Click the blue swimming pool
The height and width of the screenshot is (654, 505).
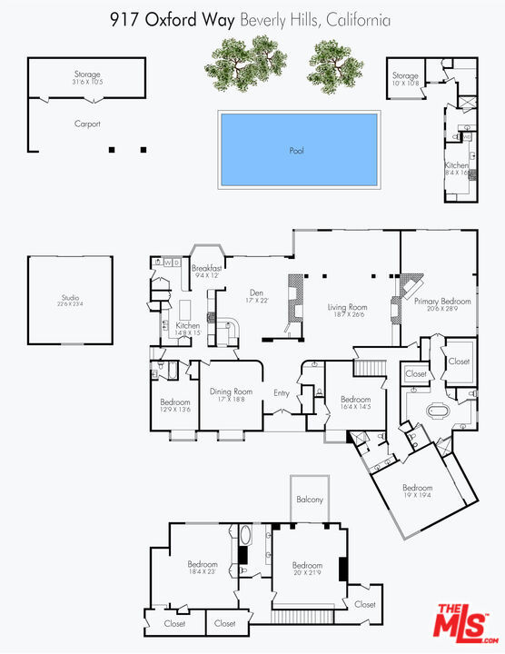298,149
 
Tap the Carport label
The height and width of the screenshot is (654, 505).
87,124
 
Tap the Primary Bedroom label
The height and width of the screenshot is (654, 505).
442,302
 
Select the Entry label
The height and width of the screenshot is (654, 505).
282,393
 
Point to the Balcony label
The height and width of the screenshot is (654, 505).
309,500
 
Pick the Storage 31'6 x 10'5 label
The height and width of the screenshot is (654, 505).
87,78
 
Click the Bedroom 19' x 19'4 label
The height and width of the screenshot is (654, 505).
419,490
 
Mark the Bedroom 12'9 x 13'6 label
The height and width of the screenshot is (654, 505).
174,405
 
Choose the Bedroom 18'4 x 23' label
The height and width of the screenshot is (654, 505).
202,567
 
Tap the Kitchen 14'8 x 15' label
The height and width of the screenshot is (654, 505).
188,329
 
